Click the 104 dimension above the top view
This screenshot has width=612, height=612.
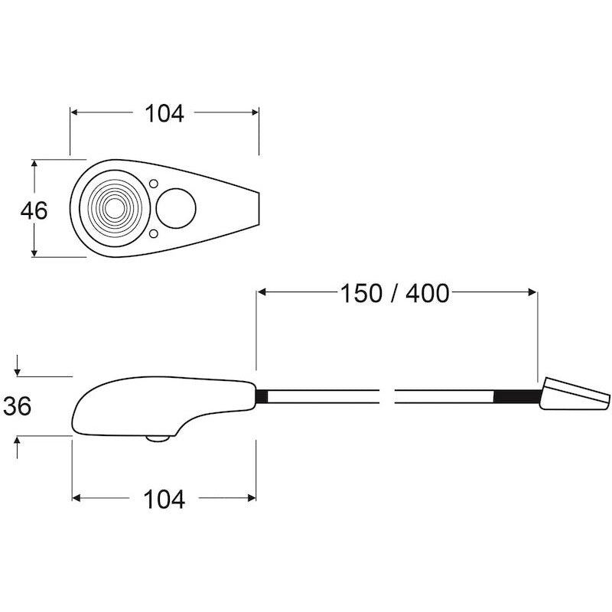(164, 113)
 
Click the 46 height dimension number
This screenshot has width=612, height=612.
(33, 210)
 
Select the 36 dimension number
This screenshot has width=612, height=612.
(17, 406)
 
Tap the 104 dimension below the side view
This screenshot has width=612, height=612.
(164, 500)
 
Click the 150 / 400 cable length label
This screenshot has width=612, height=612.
(394, 293)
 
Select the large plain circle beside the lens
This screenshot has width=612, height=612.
(177, 208)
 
